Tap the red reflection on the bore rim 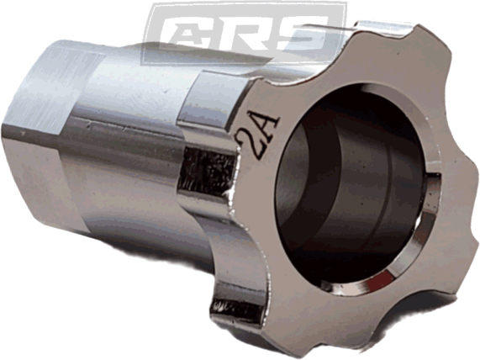379,279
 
